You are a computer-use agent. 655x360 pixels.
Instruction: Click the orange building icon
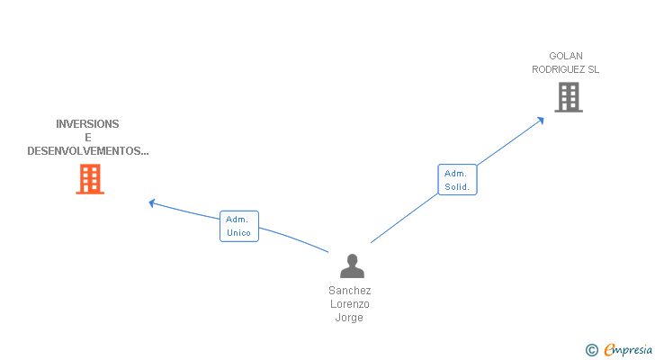tap(89, 179)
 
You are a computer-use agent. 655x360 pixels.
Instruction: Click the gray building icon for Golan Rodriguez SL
tap(569, 97)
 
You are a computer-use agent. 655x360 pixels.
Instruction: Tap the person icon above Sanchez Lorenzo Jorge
tap(352, 265)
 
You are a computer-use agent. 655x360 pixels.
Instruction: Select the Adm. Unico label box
tap(238, 226)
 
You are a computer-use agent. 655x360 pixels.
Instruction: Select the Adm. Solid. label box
tap(457, 180)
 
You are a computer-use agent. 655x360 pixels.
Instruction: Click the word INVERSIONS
tap(87, 124)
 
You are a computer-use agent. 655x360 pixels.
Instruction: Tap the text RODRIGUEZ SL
tap(565, 69)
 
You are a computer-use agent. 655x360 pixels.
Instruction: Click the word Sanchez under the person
tap(350, 291)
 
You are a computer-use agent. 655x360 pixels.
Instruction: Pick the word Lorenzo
tap(350, 304)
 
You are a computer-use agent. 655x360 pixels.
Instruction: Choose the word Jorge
tap(350, 318)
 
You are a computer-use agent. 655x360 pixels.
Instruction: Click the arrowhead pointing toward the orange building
tap(152, 202)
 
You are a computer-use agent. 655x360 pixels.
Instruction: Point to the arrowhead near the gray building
tap(540, 118)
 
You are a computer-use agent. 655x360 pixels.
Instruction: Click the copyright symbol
tap(592, 350)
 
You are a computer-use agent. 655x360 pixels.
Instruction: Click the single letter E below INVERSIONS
tap(88, 138)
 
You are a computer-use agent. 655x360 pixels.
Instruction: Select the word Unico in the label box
tap(238, 232)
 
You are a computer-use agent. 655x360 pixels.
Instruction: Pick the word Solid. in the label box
tap(457, 187)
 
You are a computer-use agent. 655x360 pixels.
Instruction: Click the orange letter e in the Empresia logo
tap(609, 350)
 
